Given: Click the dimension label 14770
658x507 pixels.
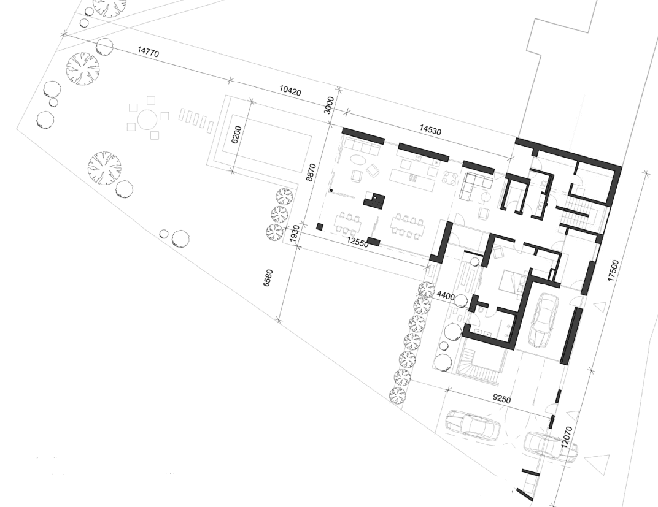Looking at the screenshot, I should [149, 53].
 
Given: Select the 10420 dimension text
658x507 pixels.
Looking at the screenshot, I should [290, 91].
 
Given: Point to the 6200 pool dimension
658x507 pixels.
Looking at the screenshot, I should [237, 134].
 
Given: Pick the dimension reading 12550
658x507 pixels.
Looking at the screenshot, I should [357, 243].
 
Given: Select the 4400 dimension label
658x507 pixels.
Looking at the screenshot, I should [445, 297].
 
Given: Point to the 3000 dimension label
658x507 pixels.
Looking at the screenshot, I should [330, 105].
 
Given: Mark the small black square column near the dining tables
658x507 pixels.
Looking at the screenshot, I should [320, 226].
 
